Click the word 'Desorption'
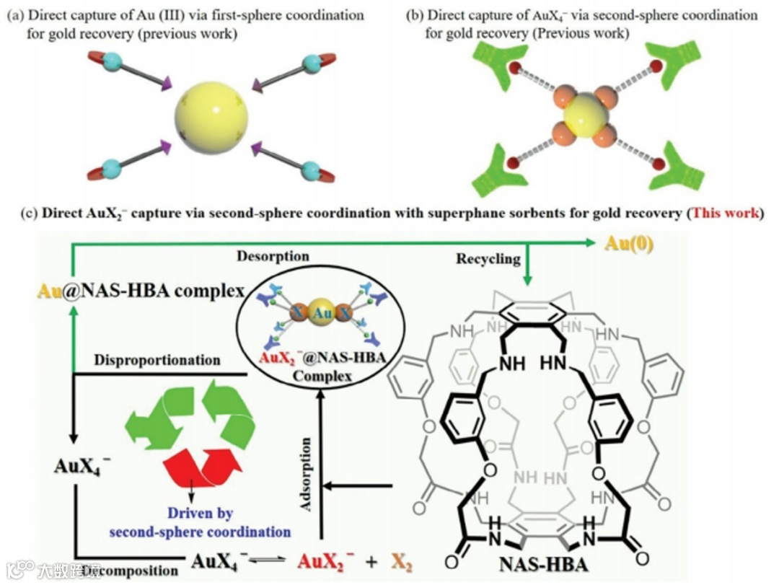[282, 257]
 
